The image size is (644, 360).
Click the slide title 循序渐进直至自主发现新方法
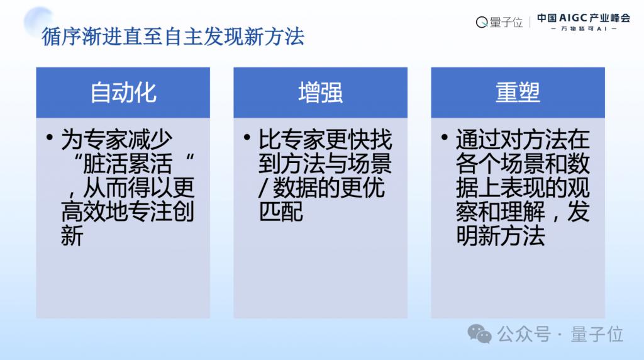pos(173,37)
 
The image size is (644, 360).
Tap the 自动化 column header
pos(123,93)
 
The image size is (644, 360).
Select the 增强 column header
pos(320,93)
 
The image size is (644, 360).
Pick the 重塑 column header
pos(518,93)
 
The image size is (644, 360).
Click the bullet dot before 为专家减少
pos(50,137)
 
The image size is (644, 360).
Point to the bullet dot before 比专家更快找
pos(247,137)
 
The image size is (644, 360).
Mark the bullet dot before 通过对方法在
pos(444,137)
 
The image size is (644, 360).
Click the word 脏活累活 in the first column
pos(127,164)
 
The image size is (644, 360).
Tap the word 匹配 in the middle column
pos(280,211)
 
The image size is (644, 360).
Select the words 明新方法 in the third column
pos(500,235)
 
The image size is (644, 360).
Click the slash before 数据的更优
pos(264,188)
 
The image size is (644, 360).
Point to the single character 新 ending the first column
pos(72,235)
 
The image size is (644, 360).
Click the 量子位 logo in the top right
pos(499,22)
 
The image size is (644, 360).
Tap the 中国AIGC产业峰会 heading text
pos(583,18)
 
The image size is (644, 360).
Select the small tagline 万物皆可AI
pos(583,29)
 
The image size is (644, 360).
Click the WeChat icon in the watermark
pos(479,334)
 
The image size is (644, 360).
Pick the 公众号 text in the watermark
pos(524,334)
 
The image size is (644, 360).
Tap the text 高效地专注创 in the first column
pos(127,211)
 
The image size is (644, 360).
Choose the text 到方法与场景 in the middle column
pos(325,164)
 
